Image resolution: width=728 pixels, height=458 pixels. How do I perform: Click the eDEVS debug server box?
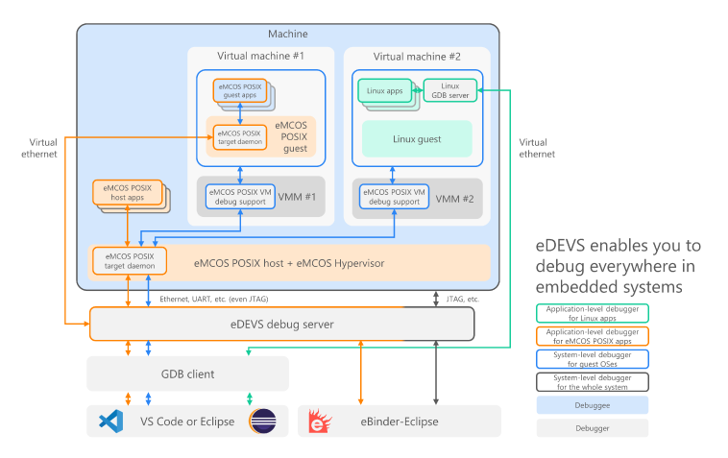(x=281, y=324)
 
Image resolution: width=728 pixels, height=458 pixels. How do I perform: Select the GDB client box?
(x=187, y=374)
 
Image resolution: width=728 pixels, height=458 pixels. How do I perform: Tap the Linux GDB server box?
(x=449, y=90)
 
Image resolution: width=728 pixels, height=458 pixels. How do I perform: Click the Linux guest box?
(x=417, y=139)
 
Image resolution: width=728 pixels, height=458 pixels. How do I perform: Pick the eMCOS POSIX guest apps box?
(x=239, y=90)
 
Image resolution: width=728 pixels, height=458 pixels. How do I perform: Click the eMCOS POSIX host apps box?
(x=127, y=193)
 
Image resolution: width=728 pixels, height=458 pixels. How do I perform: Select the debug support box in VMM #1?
(x=240, y=197)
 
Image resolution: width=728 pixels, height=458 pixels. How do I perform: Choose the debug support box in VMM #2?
(x=394, y=197)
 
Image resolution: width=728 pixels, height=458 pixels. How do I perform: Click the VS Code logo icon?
(x=111, y=422)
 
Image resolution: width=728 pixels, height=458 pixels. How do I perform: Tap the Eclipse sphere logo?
(x=263, y=421)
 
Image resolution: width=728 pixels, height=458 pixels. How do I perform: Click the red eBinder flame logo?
(x=320, y=421)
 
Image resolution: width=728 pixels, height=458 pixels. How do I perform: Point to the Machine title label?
(x=288, y=34)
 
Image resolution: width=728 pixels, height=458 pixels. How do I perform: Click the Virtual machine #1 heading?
(x=260, y=56)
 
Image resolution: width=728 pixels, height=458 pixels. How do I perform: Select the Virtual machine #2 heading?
(x=417, y=57)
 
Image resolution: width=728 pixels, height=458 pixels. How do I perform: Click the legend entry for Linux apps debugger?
(x=593, y=313)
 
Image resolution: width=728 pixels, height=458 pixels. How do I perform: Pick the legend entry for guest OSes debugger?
(x=593, y=359)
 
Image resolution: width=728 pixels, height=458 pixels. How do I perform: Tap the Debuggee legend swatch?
(x=593, y=405)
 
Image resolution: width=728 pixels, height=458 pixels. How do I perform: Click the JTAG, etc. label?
(x=462, y=300)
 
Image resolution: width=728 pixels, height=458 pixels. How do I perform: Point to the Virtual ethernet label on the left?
(x=39, y=148)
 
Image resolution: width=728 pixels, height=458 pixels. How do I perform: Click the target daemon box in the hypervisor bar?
(x=130, y=261)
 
